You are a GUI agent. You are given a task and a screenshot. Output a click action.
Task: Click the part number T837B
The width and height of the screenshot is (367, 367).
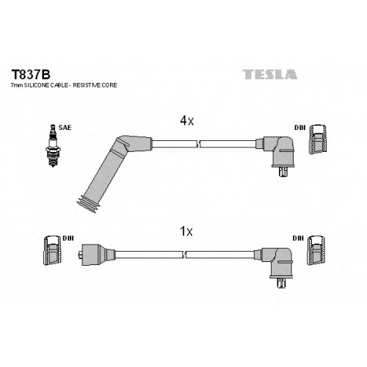point(31,75)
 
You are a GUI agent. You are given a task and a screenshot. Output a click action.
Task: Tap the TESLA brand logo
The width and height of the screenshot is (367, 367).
point(270,74)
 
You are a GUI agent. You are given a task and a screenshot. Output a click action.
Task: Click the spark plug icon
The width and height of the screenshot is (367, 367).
point(53,145)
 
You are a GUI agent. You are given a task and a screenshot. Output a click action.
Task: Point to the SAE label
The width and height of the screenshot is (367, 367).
point(65,128)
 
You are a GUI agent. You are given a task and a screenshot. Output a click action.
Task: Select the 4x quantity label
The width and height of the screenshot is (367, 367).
point(186,120)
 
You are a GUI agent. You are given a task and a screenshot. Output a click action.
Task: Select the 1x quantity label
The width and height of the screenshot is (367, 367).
point(186,231)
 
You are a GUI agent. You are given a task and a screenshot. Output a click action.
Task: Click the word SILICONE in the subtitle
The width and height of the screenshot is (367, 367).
point(36,85)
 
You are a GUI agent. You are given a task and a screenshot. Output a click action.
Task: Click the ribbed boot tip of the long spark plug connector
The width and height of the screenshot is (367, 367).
point(87,204)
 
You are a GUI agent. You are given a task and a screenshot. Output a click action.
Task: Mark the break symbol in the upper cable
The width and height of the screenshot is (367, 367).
point(198,144)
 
